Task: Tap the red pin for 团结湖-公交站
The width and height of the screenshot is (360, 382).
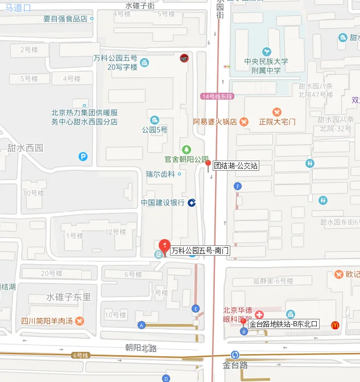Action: [x=208, y=163]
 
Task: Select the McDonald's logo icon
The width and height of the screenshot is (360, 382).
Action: [x=336, y=324]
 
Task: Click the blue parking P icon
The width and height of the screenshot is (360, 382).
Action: [x=84, y=156]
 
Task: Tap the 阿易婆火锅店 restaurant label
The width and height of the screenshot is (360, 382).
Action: [x=215, y=121]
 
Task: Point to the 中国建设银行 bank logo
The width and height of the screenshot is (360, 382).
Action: [x=192, y=203]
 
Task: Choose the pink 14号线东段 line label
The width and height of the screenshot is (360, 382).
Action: [x=217, y=96]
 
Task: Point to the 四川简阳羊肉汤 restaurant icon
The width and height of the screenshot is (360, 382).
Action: [x=79, y=321]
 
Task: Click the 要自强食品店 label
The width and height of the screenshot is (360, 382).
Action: [x=65, y=18]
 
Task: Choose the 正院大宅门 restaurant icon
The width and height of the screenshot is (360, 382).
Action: [x=277, y=112]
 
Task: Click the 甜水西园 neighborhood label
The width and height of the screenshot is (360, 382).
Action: [x=26, y=147]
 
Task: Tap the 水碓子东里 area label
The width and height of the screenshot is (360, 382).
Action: [x=68, y=297]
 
